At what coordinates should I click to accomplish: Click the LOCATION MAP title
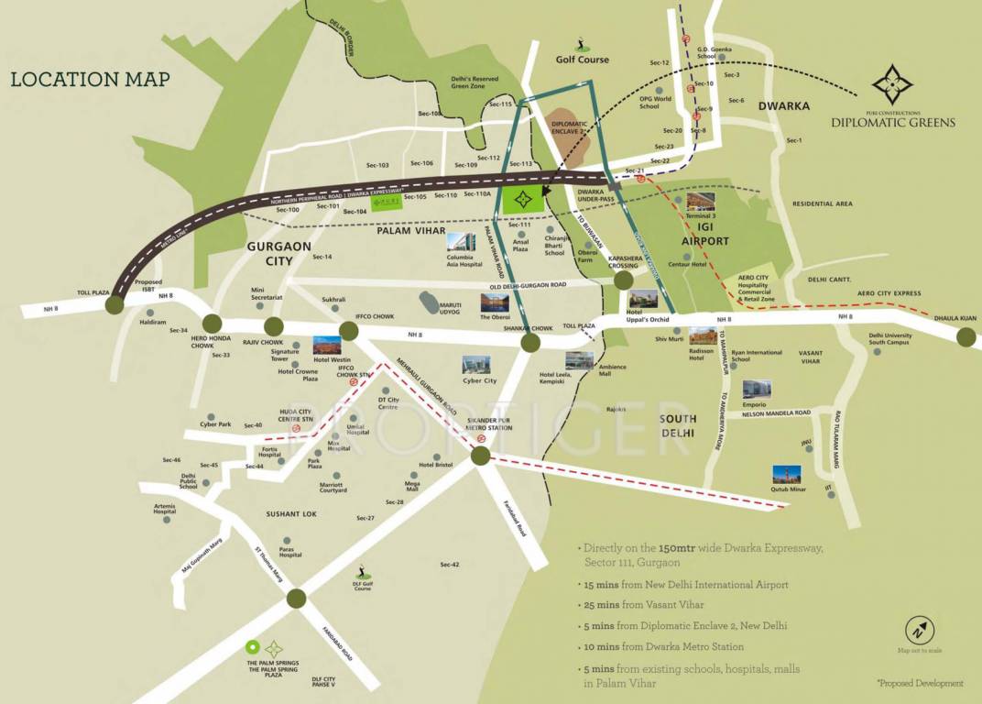tap(90, 79)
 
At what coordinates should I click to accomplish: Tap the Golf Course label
tap(582, 60)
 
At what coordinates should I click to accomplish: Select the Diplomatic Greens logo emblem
tap(892, 84)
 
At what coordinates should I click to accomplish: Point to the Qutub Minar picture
tap(786, 475)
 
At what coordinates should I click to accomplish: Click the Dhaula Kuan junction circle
tap(966, 337)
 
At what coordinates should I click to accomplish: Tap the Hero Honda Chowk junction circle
tap(213, 323)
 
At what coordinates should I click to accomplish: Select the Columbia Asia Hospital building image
tap(461, 243)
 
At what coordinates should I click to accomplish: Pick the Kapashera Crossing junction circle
tap(624, 280)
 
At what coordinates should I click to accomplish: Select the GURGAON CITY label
tap(280, 254)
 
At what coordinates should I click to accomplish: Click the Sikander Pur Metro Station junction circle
tap(481, 456)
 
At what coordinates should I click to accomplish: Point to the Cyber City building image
tap(475, 364)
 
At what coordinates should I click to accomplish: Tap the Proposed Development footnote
tap(919, 683)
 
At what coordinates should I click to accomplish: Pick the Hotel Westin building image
tap(327, 346)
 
